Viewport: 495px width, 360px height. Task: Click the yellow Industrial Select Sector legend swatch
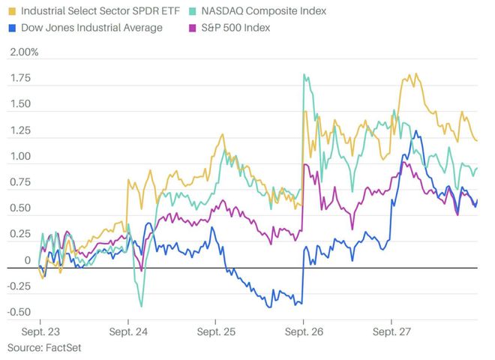(x=13, y=11)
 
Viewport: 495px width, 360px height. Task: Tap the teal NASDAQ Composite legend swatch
(x=193, y=11)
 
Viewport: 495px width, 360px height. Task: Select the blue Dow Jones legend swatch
(x=13, y=28)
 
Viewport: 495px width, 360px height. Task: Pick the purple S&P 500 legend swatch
(x=193, y=28)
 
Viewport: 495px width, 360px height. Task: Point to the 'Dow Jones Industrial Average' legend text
(x=91, y=28)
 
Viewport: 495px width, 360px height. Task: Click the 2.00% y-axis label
(x=22, y=53)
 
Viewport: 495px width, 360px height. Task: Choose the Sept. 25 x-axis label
(x=214, y=330)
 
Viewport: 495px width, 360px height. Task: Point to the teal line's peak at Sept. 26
(x=304, y=74)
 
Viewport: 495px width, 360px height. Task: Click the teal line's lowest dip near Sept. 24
(x=140, y=306)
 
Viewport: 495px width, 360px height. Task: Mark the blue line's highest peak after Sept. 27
(x=415, y=133)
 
